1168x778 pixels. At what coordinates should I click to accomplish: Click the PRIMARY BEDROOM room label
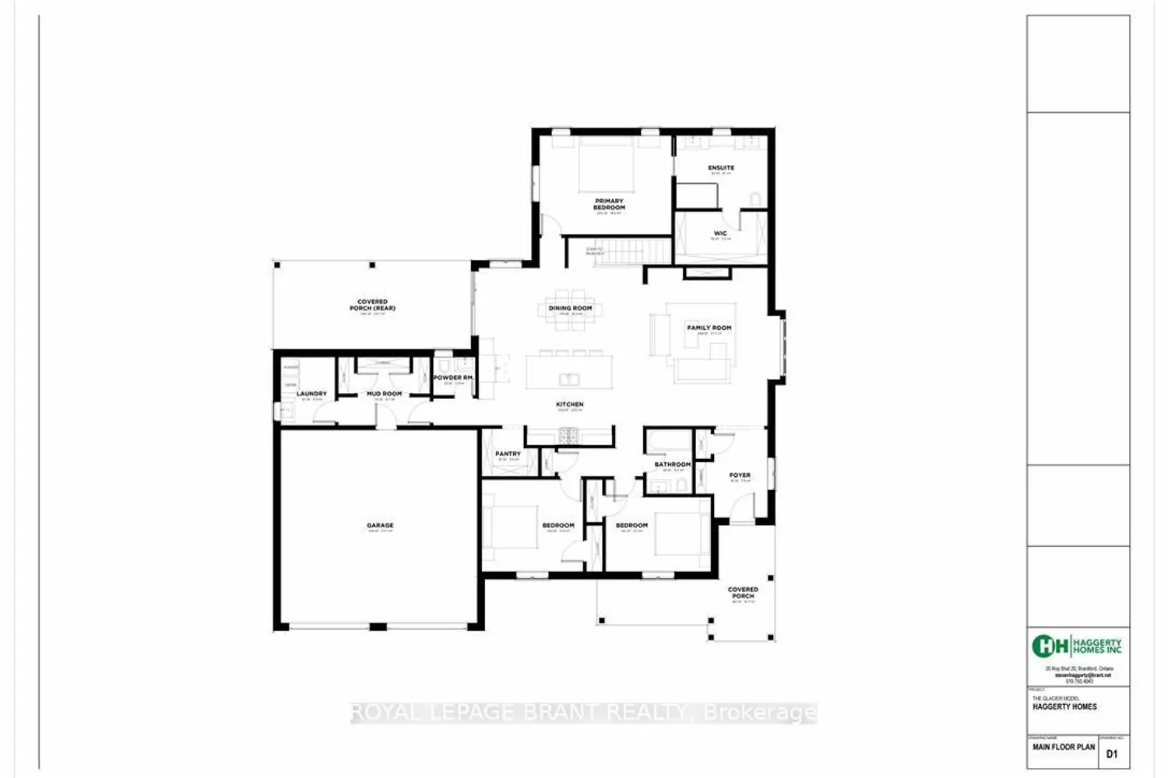(x=609, y=205)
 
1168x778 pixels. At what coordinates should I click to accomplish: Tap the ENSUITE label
(x=721, y=168)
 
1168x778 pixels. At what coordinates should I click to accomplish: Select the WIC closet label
(x=720, y=233)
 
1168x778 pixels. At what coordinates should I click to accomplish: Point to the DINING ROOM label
(x=570, y=308)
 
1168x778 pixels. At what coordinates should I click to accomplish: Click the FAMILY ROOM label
(x=709, y=328)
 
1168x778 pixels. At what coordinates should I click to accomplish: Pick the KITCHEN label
(x=570, y=405)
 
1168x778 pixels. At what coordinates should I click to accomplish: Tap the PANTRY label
(x=508, y=454)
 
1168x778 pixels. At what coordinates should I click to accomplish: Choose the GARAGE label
(x=380, y=525)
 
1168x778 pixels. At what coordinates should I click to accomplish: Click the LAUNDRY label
(x=311, y=394)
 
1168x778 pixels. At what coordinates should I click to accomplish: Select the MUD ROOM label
(x=385, y=394)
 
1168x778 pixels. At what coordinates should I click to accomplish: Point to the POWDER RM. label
(x=453, y=377)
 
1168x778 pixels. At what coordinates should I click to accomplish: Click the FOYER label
(x=740, y=475)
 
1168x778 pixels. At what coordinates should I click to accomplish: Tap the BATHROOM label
(x=672, y=464)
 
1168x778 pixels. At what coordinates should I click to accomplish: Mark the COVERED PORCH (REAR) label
(x=372, y=305)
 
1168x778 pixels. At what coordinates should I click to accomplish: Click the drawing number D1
(x=1111, y=753)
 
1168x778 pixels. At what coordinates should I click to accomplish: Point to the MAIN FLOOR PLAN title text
(x=1064, y=747)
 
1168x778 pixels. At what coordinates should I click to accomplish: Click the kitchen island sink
(x=569, y=379)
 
